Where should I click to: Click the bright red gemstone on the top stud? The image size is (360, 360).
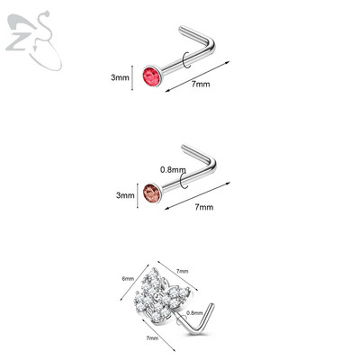(152, 76)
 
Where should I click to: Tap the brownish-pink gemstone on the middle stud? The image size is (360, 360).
(152, 193)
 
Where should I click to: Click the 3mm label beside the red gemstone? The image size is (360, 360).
(120, 77)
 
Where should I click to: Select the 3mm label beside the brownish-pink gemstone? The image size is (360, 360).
(125, 195)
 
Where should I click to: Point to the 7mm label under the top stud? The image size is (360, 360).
(201, 84)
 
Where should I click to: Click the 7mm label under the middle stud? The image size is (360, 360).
(204, 207)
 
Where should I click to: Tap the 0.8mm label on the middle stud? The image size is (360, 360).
(173, 170)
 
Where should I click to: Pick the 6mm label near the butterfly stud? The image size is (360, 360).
(128, 278)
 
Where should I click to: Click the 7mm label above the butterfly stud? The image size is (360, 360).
(182, 271)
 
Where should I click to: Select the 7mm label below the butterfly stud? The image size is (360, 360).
(152, 338)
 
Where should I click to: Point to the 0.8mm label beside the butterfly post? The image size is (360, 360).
(194, 313)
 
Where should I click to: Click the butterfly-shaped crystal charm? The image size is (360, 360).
(162, 297)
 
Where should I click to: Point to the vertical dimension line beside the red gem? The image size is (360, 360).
(132, 77)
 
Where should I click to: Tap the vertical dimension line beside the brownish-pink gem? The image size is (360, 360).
(138, 195)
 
